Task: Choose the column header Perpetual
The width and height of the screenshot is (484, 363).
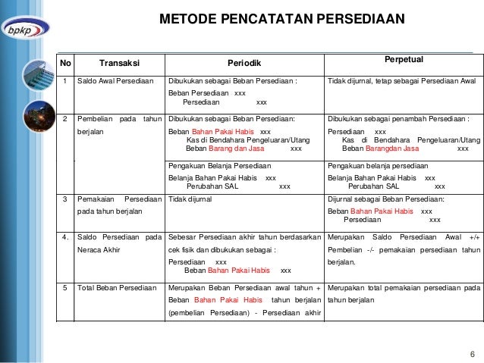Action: tap(404, 58)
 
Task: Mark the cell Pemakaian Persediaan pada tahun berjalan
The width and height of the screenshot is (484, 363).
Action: tap(120, 205)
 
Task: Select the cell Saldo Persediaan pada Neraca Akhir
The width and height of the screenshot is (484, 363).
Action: tap(120, 243)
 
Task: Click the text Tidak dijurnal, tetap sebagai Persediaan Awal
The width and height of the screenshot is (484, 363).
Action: tap(401, 81)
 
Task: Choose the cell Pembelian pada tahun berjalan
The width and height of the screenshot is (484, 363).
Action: tap(120, 125)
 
